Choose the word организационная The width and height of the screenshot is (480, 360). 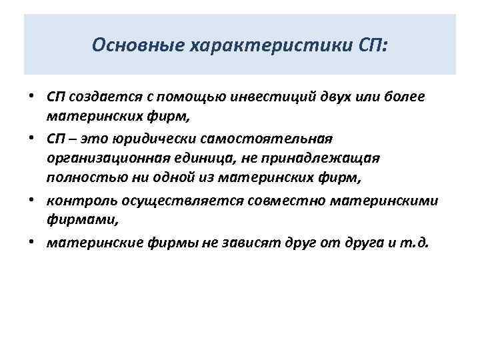[x=106, y=159]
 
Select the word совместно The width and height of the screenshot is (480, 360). [x=273, y=201]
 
